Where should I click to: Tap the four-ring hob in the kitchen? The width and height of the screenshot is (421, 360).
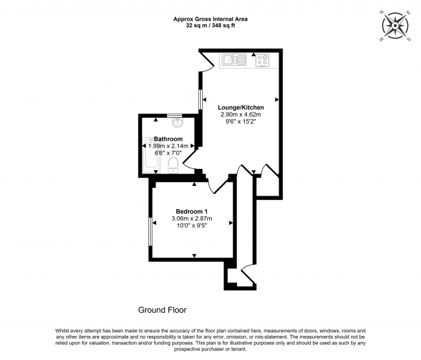click(263, 61)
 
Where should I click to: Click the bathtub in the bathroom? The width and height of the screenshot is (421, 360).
click(148, 154)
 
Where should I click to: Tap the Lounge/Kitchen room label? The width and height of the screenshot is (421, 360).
click(240, 107)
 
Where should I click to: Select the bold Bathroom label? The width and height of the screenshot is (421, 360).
click(168, 139)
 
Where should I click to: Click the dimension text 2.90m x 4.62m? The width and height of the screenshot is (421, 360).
click(240, 114)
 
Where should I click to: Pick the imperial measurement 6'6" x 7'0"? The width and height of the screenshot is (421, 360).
click(168, 153)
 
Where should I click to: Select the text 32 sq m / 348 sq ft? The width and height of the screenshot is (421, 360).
click(210, 27)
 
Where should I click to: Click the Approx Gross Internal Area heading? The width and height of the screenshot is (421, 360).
click(210, 19)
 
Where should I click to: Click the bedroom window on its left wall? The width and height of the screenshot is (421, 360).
click(150, 232)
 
